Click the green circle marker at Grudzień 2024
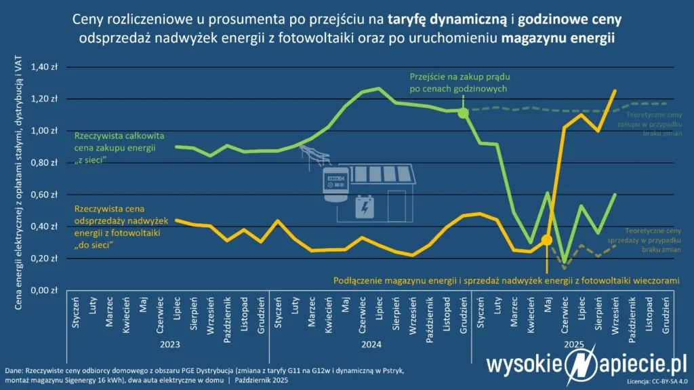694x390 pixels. [464, 113]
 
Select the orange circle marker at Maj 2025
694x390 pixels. [547, 240]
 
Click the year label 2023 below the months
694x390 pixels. [169, 345]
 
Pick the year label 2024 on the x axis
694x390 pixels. [371, 345]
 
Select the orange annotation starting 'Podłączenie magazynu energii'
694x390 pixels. [506, 279]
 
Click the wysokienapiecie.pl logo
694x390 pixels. [586, 366]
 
